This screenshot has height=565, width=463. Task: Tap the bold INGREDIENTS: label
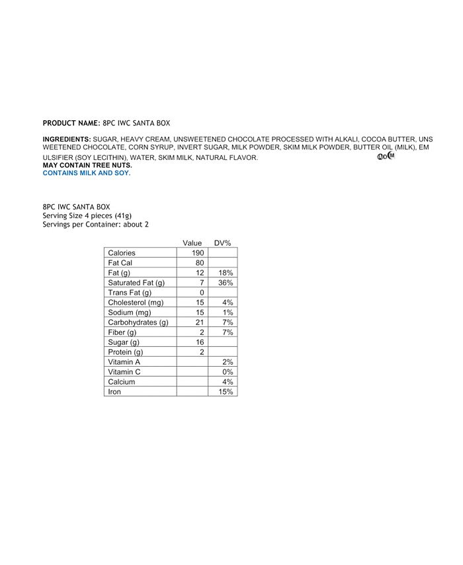[x=67, y=139]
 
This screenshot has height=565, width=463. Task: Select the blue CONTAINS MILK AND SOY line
[x=87, y=173]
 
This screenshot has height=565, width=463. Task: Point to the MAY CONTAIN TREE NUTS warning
[x=87, y=165]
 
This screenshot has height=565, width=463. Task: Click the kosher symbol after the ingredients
[x=386, y=157]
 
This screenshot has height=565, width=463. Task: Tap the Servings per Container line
[x=95, y=224]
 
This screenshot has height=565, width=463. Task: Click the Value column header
[x=192, y=243]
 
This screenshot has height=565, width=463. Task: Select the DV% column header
[x=222, y=243]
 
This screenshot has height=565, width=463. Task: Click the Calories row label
[x=122, y=253]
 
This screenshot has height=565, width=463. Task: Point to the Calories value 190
[x=198, y=253]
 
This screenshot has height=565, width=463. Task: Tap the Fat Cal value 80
[x=200, y=263]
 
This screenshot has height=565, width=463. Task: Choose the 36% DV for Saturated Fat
[x=226, y=283]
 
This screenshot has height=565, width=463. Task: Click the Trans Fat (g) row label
[x=130, y=293]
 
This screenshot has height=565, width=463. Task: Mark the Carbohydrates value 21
[x=200, y=322]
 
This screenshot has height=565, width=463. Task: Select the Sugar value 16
[x=200, y=342]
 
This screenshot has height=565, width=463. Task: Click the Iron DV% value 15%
[x=226, y=392]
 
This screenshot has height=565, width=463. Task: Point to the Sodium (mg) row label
[x=130, y=313]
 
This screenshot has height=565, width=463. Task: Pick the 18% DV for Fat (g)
[x=226, y=273]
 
